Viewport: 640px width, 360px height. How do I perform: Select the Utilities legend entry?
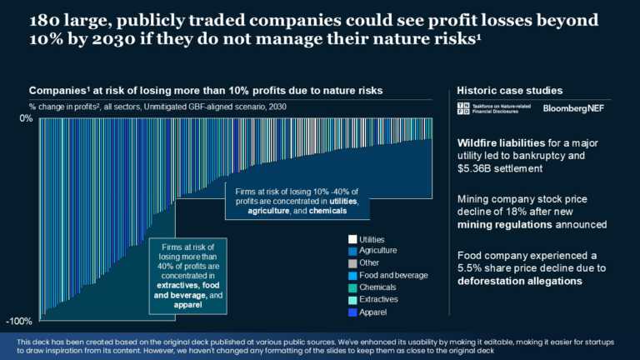372,239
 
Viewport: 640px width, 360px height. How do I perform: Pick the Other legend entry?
367,262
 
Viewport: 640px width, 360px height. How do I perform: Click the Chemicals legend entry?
375,287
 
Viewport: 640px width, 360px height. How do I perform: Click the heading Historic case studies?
509,90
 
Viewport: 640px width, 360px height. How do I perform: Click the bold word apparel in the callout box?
187,304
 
